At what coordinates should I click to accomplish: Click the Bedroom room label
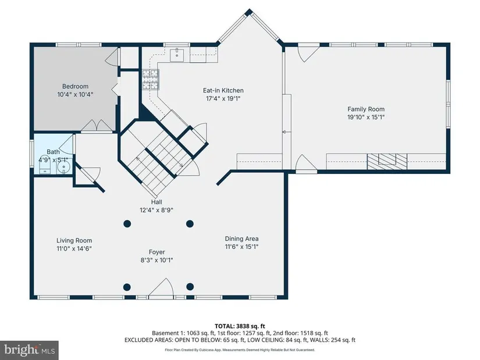tap(75, 86)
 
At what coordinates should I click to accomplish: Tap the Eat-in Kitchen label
tap(223, 90)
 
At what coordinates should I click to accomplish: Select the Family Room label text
tap(366, 109)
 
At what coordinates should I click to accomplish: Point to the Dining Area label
tap(241, 238)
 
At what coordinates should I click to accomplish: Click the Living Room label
tap(74, 241)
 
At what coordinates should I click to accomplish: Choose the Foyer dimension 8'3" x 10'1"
tap(157, 260)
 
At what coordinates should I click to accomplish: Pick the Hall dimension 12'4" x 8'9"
tap(157, 210)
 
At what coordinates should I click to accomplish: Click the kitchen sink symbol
tap(177, 55)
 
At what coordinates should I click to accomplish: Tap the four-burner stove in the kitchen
tap(150, 80)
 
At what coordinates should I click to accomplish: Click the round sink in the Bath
tap(64, 167)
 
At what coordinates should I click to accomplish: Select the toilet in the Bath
tap(45, 167)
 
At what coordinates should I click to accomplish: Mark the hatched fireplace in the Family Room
tap(387, 161)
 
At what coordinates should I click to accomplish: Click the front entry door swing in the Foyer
tap(161, 288)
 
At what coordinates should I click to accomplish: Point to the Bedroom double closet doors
tap(97, 126)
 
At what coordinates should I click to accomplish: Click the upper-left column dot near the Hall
tap(127, 224)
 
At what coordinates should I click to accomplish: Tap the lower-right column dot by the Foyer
tap(190, 287)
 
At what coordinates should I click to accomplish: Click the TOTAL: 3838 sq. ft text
tap(240, 326)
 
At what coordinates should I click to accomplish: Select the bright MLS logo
tap(30, 350)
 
